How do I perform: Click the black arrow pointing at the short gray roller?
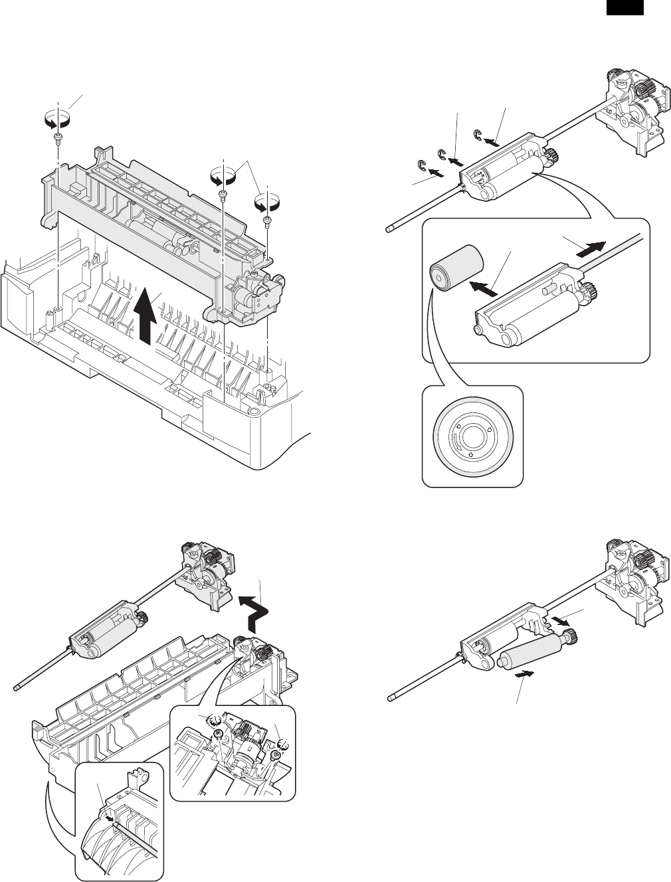484,290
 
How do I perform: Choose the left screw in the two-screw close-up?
217,733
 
